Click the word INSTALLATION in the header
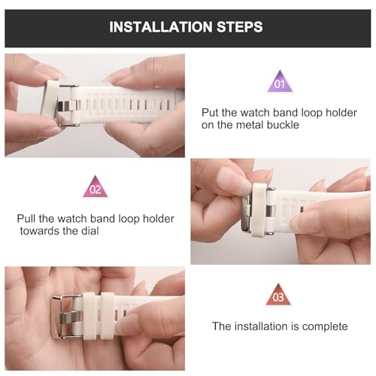[161, 27]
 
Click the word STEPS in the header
[240, 27]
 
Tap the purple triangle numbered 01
[280, 82]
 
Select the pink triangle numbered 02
[96, 187]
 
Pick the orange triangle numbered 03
[278, 295]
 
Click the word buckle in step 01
[283, 125]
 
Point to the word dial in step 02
[90, 231]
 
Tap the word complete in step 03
[325, 326]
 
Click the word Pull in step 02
[26, 219]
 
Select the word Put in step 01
[211, 113]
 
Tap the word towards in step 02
[40, 231]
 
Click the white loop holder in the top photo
[50, 100]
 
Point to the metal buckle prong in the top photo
[67, 106]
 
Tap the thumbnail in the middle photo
[234, 180]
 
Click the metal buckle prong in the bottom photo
[70, 318]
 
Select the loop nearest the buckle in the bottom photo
[89, 317]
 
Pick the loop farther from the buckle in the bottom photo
[108, 317]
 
